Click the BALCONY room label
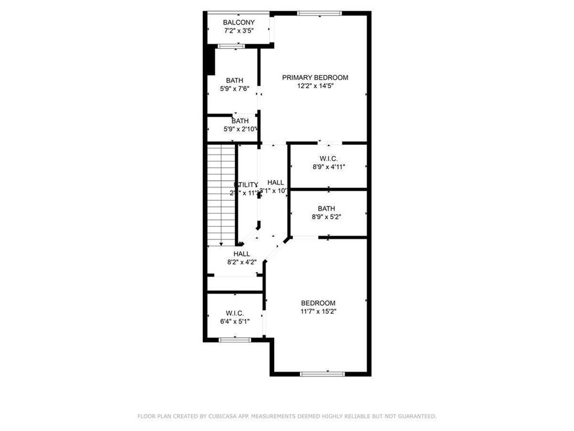pyautogui.click(x=239, y=22)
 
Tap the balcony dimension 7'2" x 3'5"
pyautogui.click(x=239, y=31)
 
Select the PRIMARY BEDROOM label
pyautogui.click(x=315, y=77)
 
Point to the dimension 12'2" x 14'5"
pyautogui.click(x=315, y=86)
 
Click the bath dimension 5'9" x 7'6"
pyautogui.click(x=234, y=88)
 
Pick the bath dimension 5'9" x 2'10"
pyautogui.click(x=240, y=129)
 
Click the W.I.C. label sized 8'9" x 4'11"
pyautogui.click(x=328, y=158)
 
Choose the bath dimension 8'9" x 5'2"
pyautogui.click(x=326, y=217)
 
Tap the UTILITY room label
pyautogui.click(x=246, y=185)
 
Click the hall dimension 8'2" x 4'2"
pyautogui.click(x=242, y=262)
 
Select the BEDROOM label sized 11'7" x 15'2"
pyautogui.click(x=318, y=303)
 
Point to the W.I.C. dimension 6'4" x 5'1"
pyautogui.click(x=234, y=321)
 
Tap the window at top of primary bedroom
pyautogui.click(x=319, y=13)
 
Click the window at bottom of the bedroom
pyautogui.click(x=322, y=374)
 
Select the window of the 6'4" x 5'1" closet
pyautogui.click(x=234, y=340)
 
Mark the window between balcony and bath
pyautogui.click(x=231, y=46)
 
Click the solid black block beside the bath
pyautogui.click(x=211, y=61)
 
